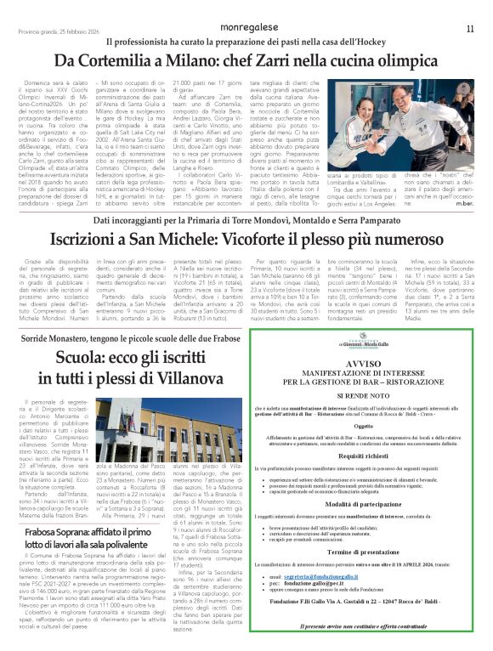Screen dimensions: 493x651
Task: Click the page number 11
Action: [x=470, y=28]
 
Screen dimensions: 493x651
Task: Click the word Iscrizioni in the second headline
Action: [x=91, y=241]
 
